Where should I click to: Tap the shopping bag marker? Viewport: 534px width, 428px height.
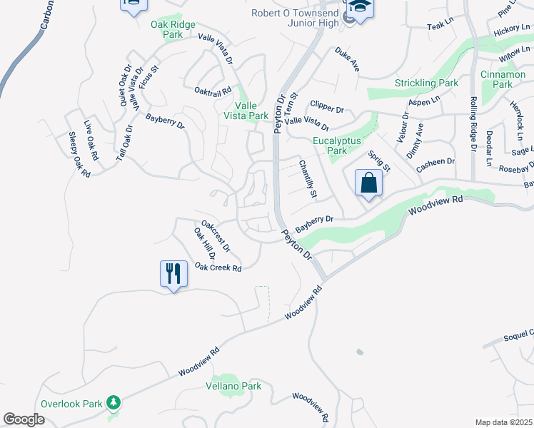point(368,183)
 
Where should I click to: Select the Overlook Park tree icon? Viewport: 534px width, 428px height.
point(114,404)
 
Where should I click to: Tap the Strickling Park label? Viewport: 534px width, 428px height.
point(426,83)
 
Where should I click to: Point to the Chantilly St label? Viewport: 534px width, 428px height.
point(308,179)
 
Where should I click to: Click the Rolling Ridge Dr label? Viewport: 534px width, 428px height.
point(473,125)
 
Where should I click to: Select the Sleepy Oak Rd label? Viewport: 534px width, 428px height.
point(80,154)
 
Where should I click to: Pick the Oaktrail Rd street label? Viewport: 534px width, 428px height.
point(213,91)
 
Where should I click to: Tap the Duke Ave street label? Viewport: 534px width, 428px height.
point(347,59)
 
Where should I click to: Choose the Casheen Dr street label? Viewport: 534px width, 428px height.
point(435,162)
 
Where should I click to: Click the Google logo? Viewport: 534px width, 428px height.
point(24,419)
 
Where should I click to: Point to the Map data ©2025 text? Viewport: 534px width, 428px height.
point(503,422)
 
